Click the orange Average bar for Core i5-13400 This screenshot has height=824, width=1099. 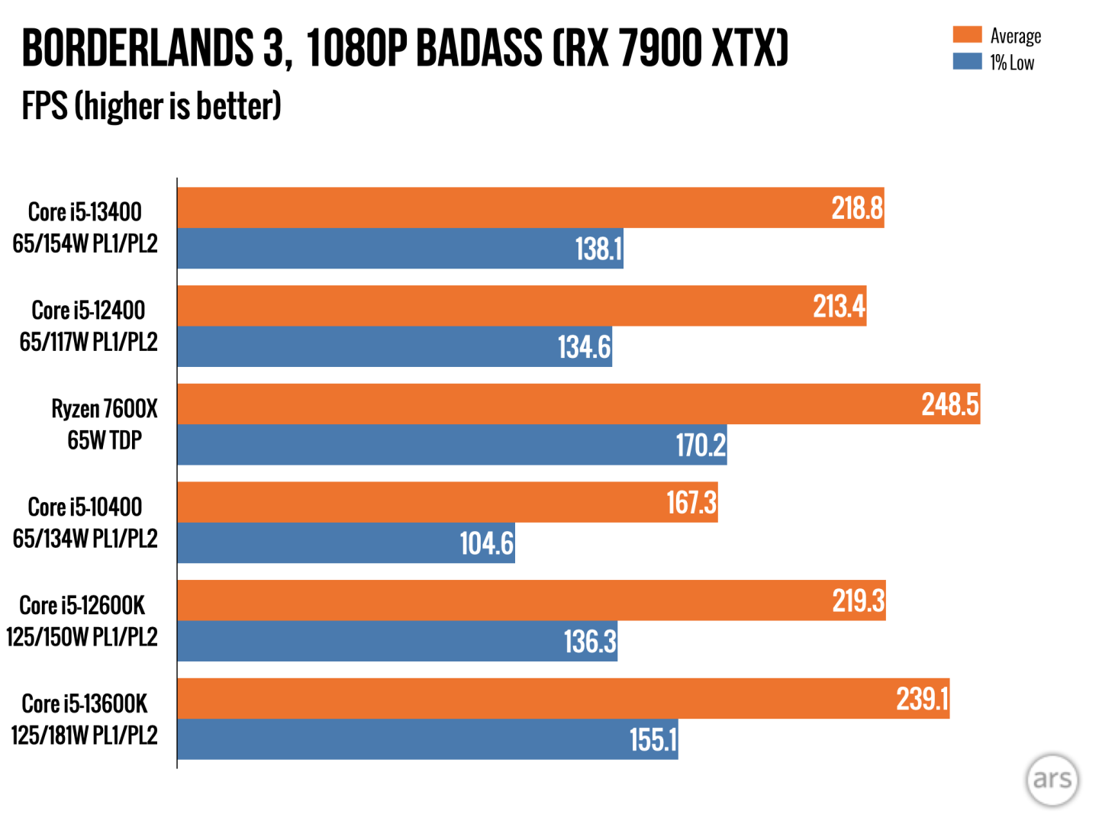(x=504, y=208)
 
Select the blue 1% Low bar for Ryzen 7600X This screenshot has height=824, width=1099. (x=427, y=445)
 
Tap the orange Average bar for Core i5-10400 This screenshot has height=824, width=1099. (x=420, y=502)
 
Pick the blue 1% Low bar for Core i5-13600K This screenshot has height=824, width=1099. (x=397, y=739)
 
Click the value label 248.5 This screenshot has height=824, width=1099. (x=949, y=404)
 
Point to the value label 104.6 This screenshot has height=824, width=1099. (x=486, y=543)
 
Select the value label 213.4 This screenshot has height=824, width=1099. (x=839, y=307)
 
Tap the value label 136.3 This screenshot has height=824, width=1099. (x=589, y=642)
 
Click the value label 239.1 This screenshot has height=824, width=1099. (x=922, y=699)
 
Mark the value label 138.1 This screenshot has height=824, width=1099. (x=598, y=249)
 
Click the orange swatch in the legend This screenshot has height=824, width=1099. (x=967, y=35)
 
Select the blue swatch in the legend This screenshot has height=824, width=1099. (x=967, y=62)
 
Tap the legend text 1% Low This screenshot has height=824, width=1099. (x=1012, y=63)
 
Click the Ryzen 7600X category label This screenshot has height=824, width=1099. (x=105, y=409)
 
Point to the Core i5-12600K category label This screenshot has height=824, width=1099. (x=82, y=605)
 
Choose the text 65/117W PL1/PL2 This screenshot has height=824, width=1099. (x=89, y=342)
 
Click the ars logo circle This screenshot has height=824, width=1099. (x=1052, y=779)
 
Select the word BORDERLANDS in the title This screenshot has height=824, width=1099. (x=137, y=48)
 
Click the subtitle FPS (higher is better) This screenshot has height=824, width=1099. (x=151, y=106)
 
